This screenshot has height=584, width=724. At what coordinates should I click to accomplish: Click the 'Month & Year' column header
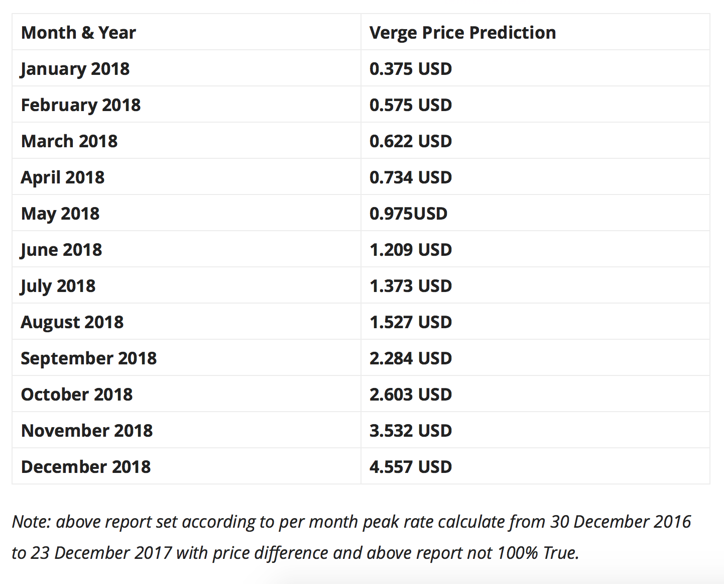point(78,33)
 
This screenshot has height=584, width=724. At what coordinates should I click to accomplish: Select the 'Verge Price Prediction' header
point(462,33)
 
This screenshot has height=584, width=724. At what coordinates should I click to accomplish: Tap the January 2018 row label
point(75,69)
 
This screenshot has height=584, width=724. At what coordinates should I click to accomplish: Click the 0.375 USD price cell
point(411,69)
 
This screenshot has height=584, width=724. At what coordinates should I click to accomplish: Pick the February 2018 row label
point(81,105)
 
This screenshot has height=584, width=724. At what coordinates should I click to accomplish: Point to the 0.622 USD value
point(411,141)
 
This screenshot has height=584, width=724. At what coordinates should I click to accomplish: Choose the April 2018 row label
point(63,177)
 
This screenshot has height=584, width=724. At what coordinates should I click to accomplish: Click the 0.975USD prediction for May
point(408,214)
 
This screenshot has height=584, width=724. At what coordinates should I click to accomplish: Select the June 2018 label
point(61,250)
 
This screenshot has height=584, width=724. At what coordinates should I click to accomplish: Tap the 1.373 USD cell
point(411,286)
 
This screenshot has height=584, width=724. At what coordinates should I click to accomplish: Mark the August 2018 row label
point(72,322)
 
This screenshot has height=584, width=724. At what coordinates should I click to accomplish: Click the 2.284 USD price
point(411,358)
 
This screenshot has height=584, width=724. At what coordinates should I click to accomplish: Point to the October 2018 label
point(77,395)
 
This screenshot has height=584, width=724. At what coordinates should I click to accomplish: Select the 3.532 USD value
point(411,431)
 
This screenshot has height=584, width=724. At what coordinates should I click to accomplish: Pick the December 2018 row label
point(86,467)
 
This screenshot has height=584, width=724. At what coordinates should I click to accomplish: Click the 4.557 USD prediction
point(411,467)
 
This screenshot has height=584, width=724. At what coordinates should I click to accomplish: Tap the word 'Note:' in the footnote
point(31,522)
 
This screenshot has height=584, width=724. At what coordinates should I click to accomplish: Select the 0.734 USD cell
point(411,177)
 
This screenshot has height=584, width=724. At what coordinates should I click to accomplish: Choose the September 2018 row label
point(89,358)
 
